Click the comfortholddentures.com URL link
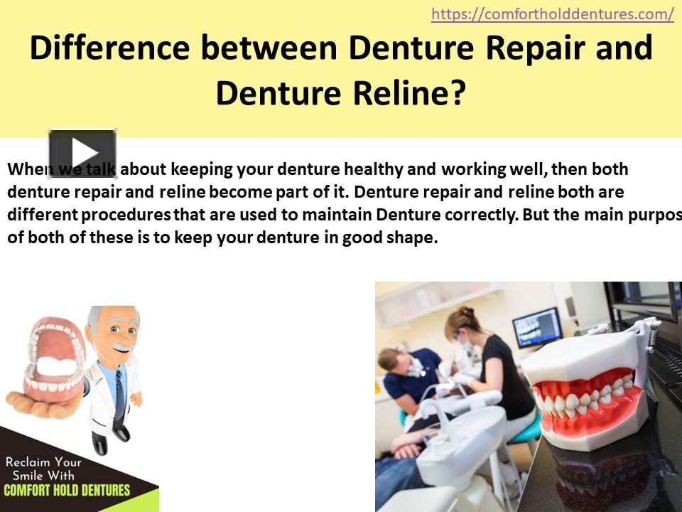tap(552, 14)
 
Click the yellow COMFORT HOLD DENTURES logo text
tap(67, 490)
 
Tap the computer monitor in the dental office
tap(536, 326)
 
